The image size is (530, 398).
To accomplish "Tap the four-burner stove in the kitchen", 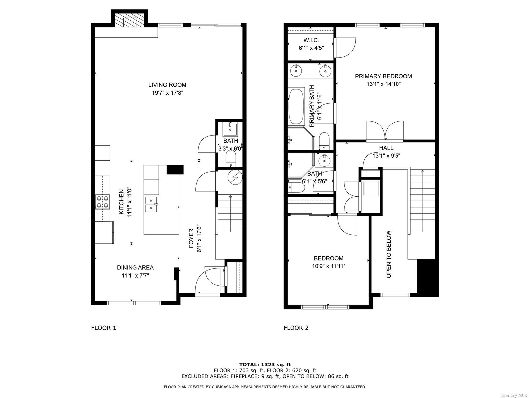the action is [x=102, y=202].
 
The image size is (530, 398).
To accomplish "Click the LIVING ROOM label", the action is [x=167, y=85].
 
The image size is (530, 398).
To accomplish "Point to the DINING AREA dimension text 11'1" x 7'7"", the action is [x=135, y=276].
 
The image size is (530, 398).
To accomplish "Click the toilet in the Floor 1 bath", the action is [x=230, y=159].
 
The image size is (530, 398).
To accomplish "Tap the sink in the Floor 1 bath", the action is [x=230, y=129].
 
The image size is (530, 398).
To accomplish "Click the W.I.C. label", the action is [x=311, y=40].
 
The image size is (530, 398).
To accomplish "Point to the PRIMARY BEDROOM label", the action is [x=384, y=76].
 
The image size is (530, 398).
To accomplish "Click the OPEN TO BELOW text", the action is [x=389, y=254].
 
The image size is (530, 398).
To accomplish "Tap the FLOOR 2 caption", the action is [x=296, y=328].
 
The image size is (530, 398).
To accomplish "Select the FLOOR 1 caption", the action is [x=104, y=328].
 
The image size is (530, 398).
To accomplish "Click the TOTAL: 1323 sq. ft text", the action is [x=265, y=365].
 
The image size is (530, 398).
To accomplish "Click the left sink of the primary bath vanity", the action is [x=295, y=71].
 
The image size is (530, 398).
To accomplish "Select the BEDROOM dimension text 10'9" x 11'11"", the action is [x=329, y=266].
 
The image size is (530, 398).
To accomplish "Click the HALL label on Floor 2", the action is [x=386, y=148].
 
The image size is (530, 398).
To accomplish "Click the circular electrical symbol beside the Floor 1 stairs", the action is [x=235, y=177].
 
